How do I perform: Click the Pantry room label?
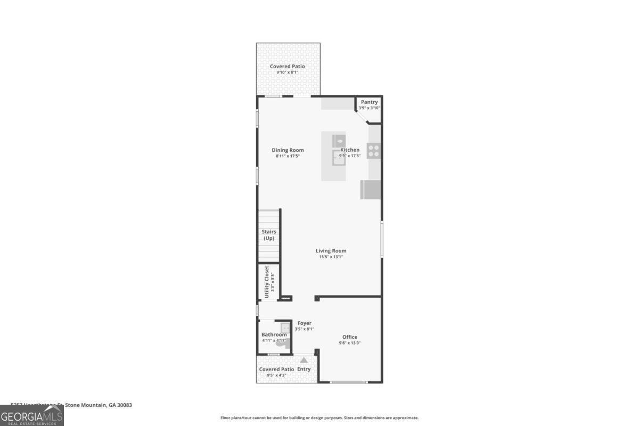(369, 102)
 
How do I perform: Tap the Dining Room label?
(288, 150)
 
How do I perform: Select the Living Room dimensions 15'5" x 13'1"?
(331, 257)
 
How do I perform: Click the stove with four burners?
(374, 151)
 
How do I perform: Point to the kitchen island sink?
(339, 158)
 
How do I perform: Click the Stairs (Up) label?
(268, 235)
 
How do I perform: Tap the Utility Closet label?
(267, 282)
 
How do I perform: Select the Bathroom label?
(274, 334)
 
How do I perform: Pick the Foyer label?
(305, 323)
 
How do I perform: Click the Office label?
(350, 337)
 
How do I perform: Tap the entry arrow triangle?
(304, 361)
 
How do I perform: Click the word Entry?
(304, 369)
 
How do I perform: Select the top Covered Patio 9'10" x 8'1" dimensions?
(287, 72)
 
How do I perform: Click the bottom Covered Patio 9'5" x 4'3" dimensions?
(276, 375)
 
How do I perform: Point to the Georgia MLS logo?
(32, 415)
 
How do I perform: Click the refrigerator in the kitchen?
(371, 190)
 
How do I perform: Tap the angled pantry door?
(362, 117)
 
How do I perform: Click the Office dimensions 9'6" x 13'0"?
(350, 343)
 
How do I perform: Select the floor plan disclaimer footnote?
(319, 418)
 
